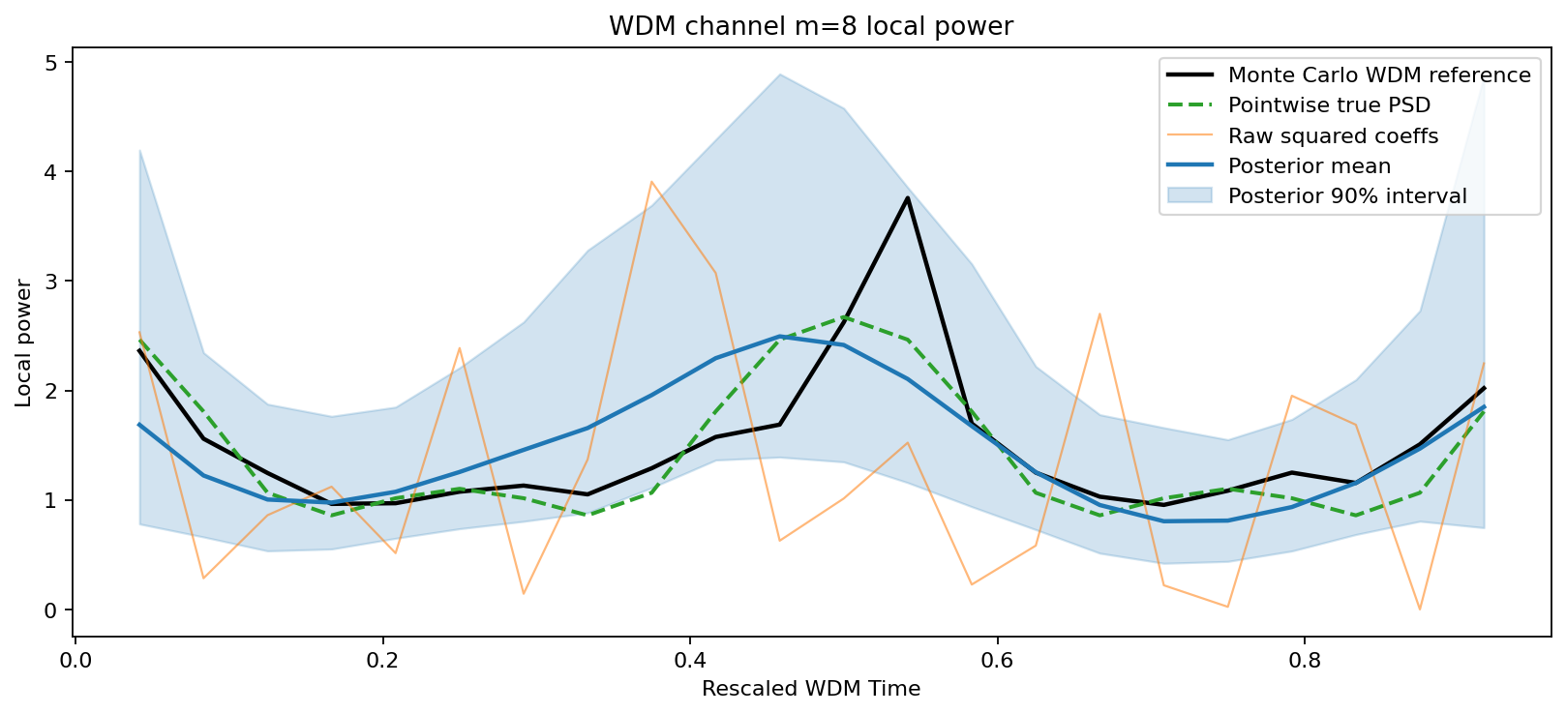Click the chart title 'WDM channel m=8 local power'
810,26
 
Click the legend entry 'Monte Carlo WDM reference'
1379,75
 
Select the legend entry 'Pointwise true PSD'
1329,105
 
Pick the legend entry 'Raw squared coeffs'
1333,136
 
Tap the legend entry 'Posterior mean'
1309,166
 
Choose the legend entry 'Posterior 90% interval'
1347,196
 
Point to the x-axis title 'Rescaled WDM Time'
810,689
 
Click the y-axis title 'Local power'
23,343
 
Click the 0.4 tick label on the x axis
689,662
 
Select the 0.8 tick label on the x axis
1304,662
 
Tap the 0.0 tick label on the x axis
75,662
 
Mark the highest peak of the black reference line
908,198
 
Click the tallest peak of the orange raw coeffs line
651,182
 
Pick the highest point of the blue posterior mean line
780,337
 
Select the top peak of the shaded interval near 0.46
780,74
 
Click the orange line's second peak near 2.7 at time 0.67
1099,314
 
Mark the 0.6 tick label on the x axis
997,662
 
